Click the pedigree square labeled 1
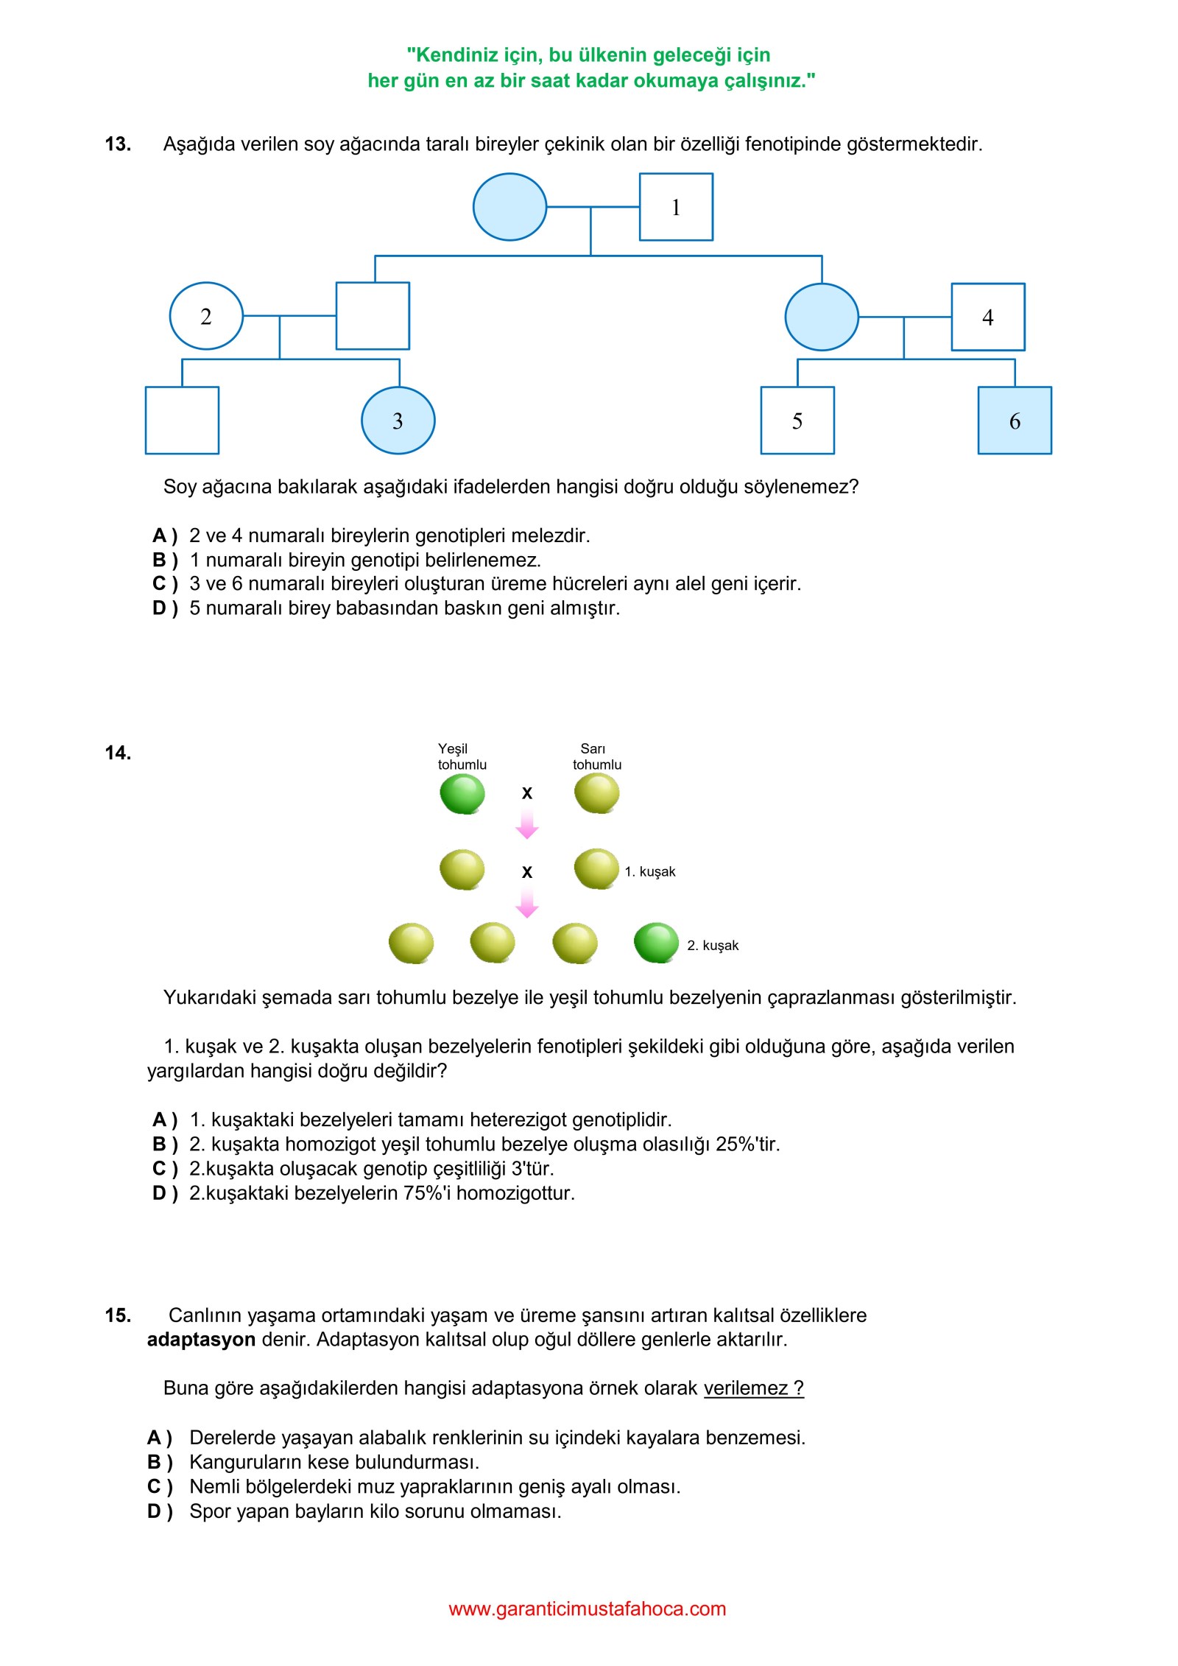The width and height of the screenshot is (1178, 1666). click(x=675, y=207)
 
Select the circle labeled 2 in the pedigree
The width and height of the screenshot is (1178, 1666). click(x=206, y=316)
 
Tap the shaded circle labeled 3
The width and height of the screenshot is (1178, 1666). click(x=398, y=421)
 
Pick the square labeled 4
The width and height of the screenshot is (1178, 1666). click(x=987, y=317)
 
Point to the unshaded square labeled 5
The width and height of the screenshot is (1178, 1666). click(x=797, y=421)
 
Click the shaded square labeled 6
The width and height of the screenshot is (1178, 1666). click(x=1014, y=421)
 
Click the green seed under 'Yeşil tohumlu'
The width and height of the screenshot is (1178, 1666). click(x=462, y=795)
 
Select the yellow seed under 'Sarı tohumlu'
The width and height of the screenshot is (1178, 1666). click(x=596, y=795)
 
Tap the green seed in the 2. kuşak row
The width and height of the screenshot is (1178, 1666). click(x=655, y=943)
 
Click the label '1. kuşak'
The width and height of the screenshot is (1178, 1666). click(x=649, y=872)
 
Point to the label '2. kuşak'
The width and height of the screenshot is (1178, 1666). click(x=712, y=946)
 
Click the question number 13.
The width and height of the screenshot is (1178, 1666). click(x=118, y=144)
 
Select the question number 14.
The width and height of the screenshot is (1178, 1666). click(x=118, y=753)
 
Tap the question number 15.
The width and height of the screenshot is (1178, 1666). click(x=118, y=1315)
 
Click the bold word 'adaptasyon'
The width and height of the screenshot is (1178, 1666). click(x=201, y=1340)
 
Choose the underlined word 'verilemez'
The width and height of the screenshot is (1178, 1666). click(x=746, y=1388)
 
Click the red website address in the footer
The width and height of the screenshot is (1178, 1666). click(x=587, y=1609)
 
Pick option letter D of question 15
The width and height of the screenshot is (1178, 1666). click(x=159, y=1511)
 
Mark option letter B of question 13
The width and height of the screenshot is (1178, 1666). click(x=164, y=560)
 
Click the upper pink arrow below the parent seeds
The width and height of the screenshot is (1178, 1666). click(x=526, y=823)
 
